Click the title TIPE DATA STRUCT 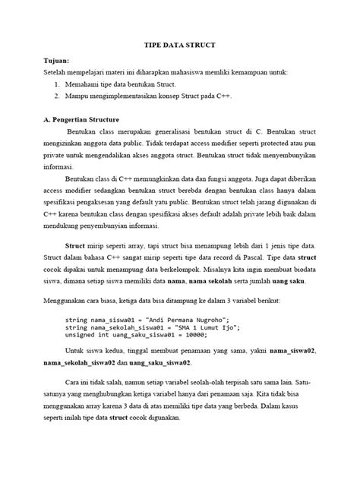(180, 45)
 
